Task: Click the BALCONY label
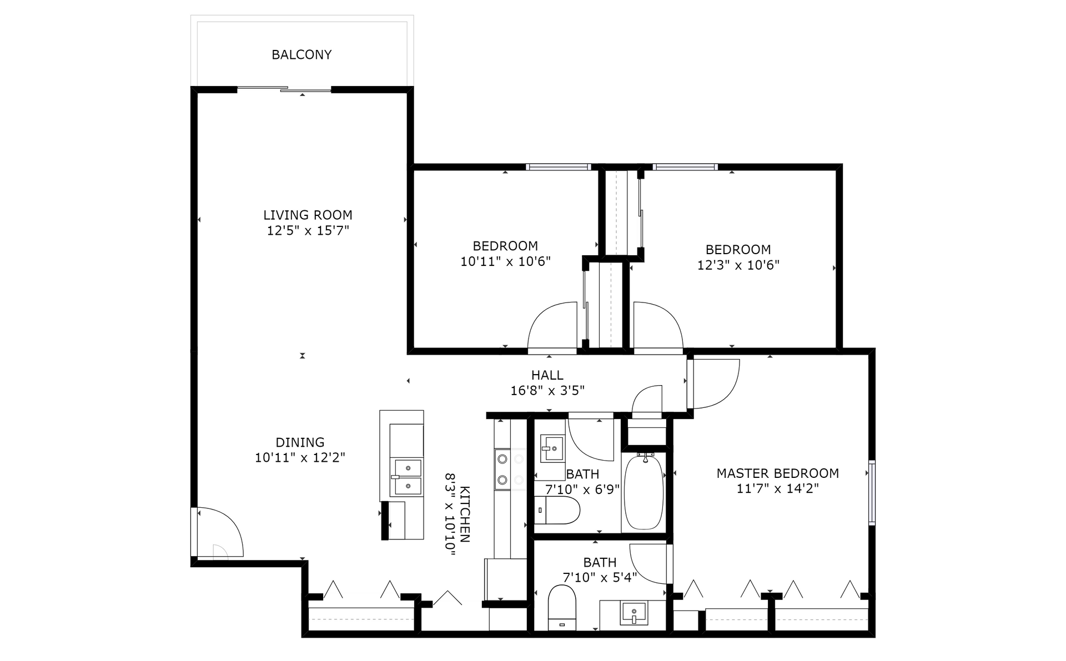point(301,54)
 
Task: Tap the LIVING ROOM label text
point(308,215)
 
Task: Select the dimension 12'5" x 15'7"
point(308,230)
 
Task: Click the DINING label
point(300,442)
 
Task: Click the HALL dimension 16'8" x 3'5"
point(547,391)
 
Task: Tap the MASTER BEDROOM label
point(777,473)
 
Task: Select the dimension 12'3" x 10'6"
point(738,265)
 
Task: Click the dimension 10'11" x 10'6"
point(505,261)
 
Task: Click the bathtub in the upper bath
point(644,493)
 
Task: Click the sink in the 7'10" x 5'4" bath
point(633,613)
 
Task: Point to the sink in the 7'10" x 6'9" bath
point(552,448)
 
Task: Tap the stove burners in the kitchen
point(502,469)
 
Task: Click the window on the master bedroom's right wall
point(872,493)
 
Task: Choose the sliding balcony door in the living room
point(284,89)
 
